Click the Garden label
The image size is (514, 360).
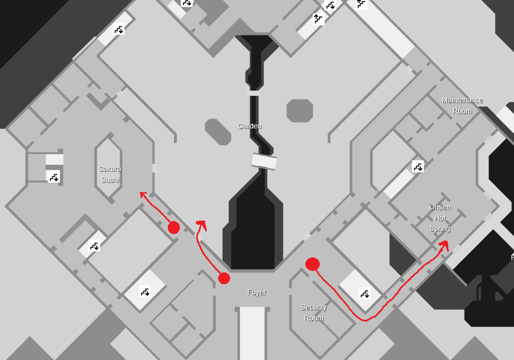tap(250, 126)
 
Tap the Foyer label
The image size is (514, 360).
tap(257, 292)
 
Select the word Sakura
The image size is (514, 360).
tap(110, 169)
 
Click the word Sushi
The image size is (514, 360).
tap(110, 180)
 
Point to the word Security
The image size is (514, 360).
tap(314, 307)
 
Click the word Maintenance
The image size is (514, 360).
tap(462, 100)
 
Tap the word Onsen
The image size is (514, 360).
tap(440, 207)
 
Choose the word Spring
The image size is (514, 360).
tap(440, 229)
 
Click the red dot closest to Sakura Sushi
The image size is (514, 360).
tap(174, 228)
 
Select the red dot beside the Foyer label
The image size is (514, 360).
tap(224, 278)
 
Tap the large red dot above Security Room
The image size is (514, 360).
tap(312, 264)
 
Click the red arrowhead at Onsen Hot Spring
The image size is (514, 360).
tap(444, 244)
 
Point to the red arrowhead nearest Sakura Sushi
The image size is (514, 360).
tap(143, 195)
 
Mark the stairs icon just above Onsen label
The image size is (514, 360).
tap(418, 166)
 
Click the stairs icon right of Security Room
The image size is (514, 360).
tap(365, 293)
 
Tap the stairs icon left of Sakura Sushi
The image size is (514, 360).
tap(54, 176)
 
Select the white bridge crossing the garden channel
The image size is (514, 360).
tap(264, 161)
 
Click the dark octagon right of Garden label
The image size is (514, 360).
tap(300, 111)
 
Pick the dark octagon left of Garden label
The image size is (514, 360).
tap(218, 132)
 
